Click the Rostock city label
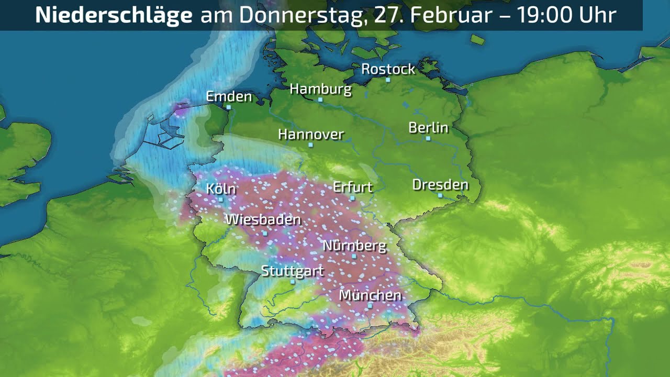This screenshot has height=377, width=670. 388,69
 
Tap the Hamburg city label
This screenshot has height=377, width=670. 320,89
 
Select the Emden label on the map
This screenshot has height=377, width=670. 229,96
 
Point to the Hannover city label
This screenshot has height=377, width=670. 311,135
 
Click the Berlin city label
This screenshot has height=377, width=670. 428,127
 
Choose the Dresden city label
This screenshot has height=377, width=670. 440,184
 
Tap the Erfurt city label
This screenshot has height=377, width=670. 353,187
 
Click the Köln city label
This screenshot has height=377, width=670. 221,188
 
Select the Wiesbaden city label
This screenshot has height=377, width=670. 263,219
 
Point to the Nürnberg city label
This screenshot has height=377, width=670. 354,245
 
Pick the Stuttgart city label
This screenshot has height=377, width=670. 292,271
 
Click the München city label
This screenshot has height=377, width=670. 370,295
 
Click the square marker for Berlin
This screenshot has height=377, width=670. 428,139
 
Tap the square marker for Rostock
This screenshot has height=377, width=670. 388,80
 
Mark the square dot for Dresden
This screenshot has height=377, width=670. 440,195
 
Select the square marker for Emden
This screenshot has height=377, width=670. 229,107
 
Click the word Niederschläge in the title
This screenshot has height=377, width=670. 114,15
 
